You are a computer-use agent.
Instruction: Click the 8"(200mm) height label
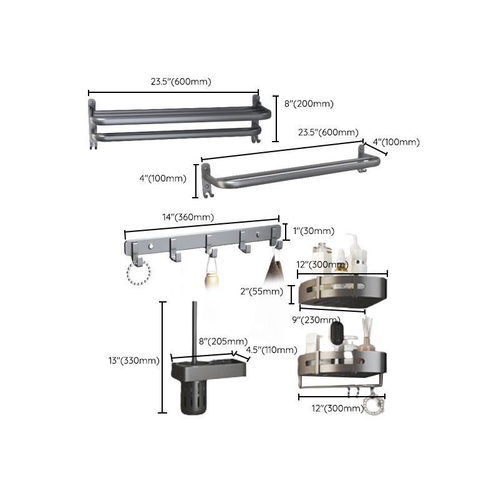pyautogui.click(x=309, y=104)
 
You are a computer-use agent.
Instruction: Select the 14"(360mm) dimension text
pyautogui.click(x=188, y=217)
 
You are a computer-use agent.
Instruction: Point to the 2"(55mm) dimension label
pyautogui.click(x=263, y=291)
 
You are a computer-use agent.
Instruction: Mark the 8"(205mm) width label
pyautogui.click(x=223, y=341)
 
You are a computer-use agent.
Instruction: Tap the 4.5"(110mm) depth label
pyautogui.click(x=271, y=350)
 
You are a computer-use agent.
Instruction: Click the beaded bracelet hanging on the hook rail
pyautogui.click(x=138, y=273)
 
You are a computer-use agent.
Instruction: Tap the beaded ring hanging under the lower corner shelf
pyautogui.click(x=374, y=404)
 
